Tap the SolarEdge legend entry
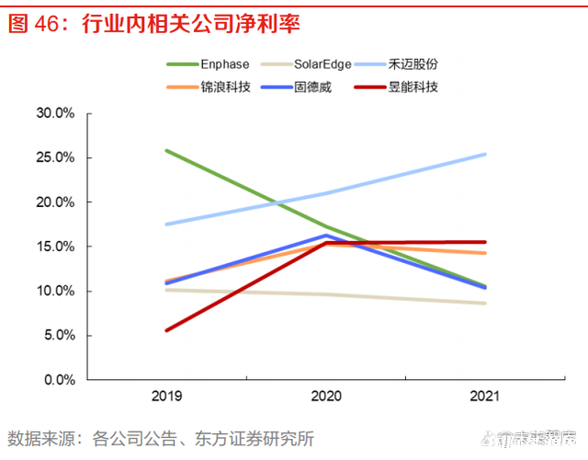click(x=324, y=65)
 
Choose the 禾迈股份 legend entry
click(x=425, y=65)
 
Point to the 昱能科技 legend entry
click(x=413, y=87)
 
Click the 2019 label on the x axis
click(x=166, y=397)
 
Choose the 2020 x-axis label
click(x=326, y=397)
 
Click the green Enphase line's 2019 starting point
click(x=166, y=150)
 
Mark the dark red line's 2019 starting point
click(x=166, y=330)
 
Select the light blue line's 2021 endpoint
click(x=485, y=155)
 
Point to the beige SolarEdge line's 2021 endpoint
click(x=485, y=304)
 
